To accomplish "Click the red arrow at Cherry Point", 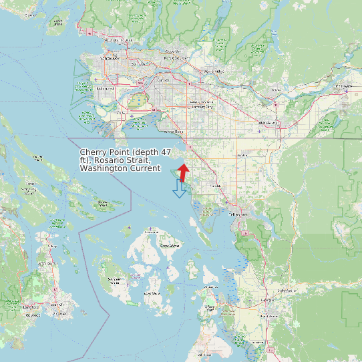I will coord(184,172).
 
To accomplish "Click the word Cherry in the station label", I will coord(94,152).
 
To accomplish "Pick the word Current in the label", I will coord(145,168).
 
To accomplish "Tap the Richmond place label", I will coord(106,88).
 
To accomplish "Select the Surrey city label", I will coord(163,80).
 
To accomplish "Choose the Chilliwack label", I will coord(343,86).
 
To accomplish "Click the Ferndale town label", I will coord(215,185).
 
